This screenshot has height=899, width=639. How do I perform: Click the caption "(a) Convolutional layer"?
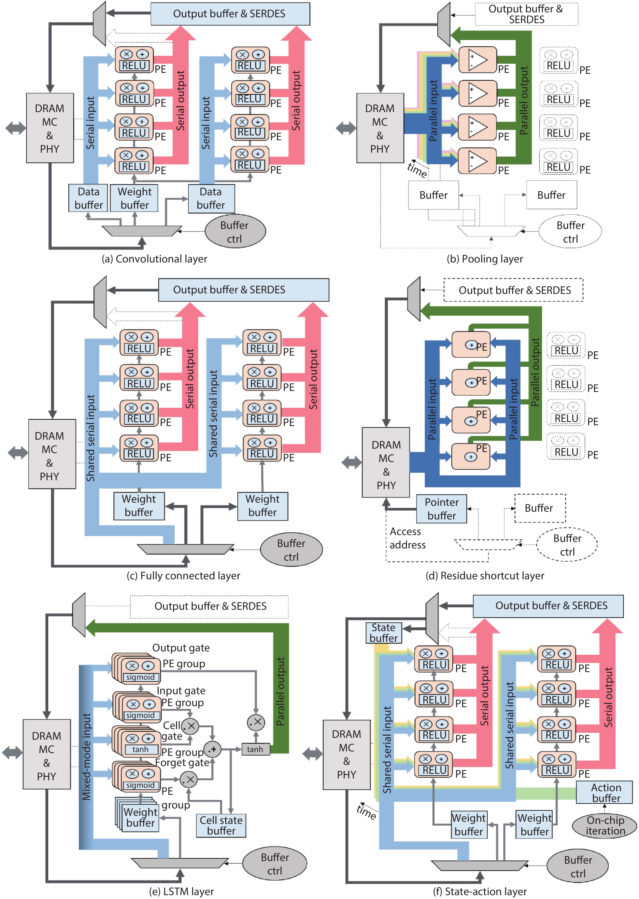click(154, 259)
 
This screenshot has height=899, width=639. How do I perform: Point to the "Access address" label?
click(407, 538)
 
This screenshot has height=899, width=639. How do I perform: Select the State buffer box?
click(384, 632)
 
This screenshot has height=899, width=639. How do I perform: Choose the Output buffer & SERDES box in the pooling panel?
click(526, 14)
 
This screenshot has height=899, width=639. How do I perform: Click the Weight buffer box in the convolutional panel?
click(134, 198)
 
